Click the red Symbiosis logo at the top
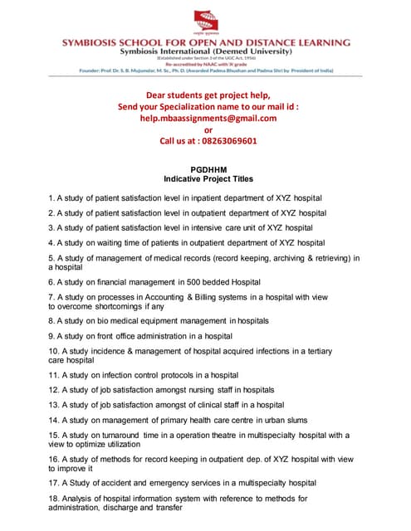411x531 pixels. (x=205, y=17)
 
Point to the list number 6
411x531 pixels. (x=51, y=282)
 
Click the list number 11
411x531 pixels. (x=53, y=375)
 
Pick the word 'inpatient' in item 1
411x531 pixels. (x=210, y=197)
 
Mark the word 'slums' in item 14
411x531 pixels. (x=325, y=420)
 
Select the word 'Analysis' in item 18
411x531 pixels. (x=76, y=499)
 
